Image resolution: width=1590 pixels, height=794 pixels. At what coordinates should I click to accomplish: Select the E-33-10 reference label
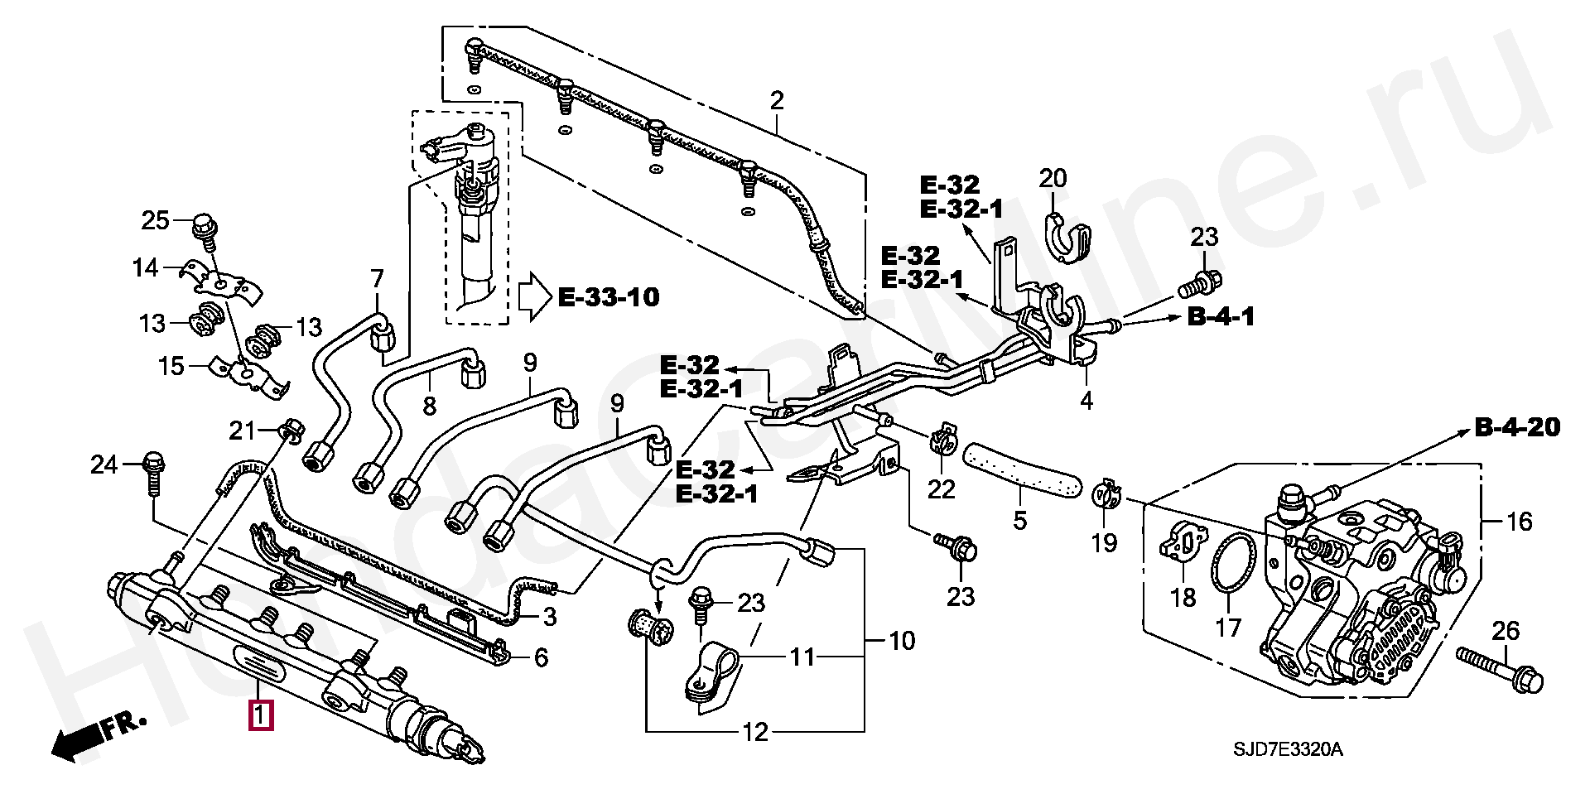click(609, 297)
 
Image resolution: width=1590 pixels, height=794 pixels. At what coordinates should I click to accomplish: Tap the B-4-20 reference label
click(1518, 427)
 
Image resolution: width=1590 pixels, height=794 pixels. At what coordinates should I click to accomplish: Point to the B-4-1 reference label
click(1221, 316)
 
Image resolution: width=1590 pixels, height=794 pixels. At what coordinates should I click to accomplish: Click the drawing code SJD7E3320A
click(1288, 750)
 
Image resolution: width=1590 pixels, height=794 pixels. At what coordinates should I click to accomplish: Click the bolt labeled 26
click(1500, 671)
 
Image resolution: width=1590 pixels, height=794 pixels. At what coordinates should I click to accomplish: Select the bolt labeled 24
click(153, 474)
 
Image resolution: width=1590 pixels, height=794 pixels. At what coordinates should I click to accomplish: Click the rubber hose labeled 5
click(1022, 469)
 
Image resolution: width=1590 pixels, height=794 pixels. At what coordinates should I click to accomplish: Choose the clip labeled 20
click(1064, 238)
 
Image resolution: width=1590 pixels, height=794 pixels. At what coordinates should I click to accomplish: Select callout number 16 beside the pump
click(1520, 522)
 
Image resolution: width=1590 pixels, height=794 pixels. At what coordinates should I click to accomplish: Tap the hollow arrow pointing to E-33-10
click(535, 297)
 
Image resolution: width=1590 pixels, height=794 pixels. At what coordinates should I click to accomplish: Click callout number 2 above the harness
click(776, 101)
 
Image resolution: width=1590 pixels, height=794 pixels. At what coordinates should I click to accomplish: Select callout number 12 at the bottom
click(755, 733)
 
